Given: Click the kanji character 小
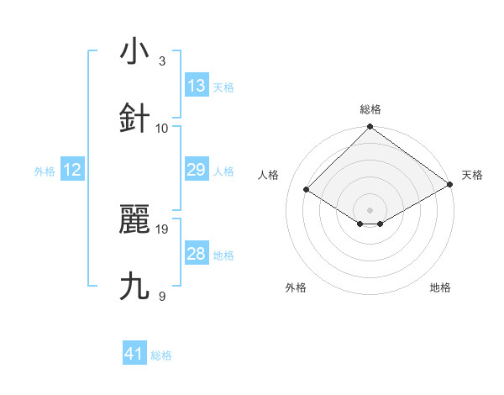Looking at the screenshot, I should click(x=134, y=52).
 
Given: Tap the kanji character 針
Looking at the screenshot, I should click(x=134, y=118).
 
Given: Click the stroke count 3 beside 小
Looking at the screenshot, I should click(x=162, y=61).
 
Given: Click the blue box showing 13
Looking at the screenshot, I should click(x=197, y=86).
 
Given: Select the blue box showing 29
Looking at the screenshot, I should click(x=197, y=170).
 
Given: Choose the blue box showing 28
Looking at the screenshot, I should click(x=197, y=254).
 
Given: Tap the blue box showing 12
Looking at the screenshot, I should click(x=72, y=170).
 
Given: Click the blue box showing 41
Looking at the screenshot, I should click(x=134, y=354).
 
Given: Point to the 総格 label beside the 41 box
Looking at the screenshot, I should click(x=161, y=355).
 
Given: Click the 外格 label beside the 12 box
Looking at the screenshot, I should click(x=45, y=171).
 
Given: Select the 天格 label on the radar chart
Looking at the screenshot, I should click(x=472, y=175).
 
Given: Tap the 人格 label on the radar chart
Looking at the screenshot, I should click(x=269, y=175).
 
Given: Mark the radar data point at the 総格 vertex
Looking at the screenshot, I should click(x=370, y=129).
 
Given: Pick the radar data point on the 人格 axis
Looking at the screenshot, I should click(x=307, y=190).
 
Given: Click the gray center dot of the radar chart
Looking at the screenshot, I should click(x=370, y=209).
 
